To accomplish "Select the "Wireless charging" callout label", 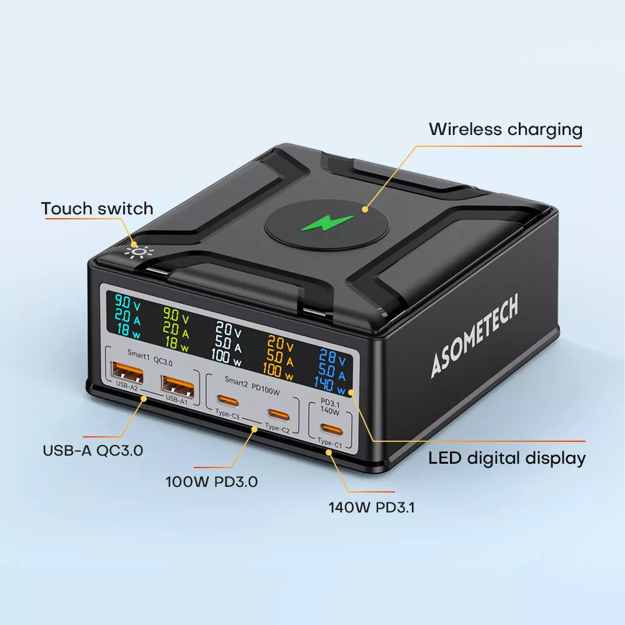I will tap(505, 130).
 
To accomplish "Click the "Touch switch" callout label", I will tap(97, 208).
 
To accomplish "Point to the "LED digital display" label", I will tap(507, 458).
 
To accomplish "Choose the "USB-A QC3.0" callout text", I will tap(93, 450).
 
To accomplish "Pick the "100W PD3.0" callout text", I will tap(211, 482).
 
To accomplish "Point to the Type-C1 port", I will tap(329, 429).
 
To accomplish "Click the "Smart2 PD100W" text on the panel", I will tap(251, 381).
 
